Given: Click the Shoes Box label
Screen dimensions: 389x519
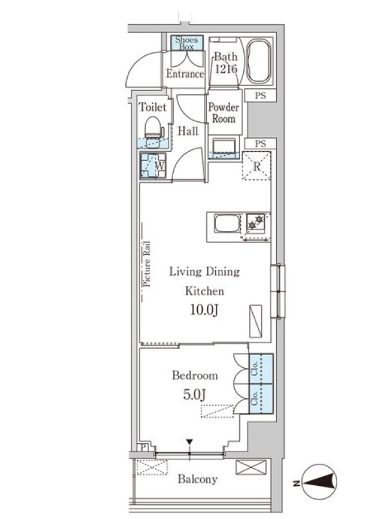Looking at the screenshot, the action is click(x=187, y=43).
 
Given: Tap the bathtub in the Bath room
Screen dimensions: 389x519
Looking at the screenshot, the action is click(x=259, y=62).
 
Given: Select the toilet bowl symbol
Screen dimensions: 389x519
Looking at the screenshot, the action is click(x=153, y=127).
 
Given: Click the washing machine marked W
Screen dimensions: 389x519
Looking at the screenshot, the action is click(x=153, y=165).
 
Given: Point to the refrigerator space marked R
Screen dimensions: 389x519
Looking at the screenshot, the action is click(x=257, y=166).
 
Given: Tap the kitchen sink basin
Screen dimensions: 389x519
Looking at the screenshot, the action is click(x=228, y=223).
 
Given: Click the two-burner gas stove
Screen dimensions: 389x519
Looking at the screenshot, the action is click(x=255, y=223).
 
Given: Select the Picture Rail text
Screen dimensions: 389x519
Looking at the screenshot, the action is click(x=147, y=264).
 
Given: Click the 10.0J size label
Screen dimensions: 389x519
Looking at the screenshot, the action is click(x=204, y=310).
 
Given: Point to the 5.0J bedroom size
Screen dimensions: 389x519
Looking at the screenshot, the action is click(x=195, y=394).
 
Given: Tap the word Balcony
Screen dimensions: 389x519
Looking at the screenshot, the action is click(x=198, y=479).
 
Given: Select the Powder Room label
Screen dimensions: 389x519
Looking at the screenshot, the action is click(x=224, y=113).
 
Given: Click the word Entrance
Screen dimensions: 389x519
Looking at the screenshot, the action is click(x=185, y=73).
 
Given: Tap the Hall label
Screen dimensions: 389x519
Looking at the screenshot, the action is click(x=188, y=131).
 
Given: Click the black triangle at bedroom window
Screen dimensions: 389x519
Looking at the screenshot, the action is click(x=189, y=442).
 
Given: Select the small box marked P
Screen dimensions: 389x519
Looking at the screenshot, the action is click(x=143, y=448).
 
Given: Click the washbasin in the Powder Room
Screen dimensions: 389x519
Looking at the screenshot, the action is click(x=224, y=147).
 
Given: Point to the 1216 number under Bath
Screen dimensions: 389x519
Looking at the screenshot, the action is click(x=226, y=69).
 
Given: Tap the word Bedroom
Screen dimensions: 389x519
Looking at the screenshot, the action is click(x=195, y=376).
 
